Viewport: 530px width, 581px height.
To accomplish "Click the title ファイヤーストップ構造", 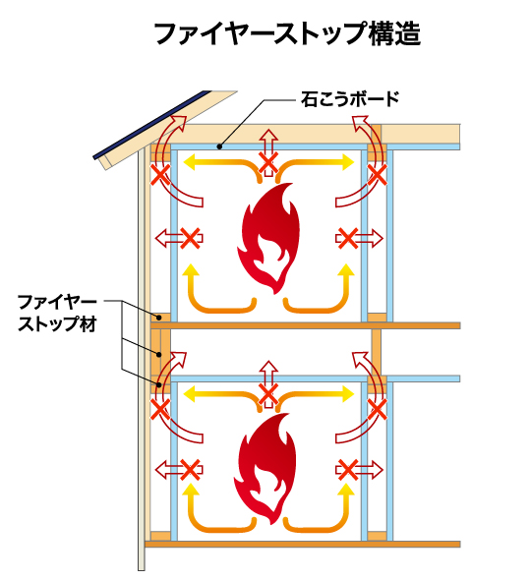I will point(287,35).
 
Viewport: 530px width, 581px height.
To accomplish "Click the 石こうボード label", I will point(352,99).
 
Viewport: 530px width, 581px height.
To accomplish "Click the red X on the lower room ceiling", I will point(266,395).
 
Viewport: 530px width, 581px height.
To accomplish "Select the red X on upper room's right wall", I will point(345,237).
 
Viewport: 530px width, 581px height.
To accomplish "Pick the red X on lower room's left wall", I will point(191,470).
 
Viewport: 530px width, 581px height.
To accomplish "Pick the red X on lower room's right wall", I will point(345,470).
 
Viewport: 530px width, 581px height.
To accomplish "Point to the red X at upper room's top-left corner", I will point(158,175).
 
